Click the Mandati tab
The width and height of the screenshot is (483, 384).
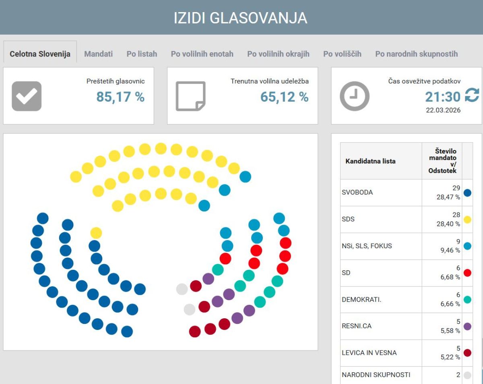pyautogui.click(x=98, y=54)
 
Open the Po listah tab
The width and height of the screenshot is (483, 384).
pyautogui.click(x=142, y=54)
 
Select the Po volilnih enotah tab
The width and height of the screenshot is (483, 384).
pyautogui.click(x=202, y=54)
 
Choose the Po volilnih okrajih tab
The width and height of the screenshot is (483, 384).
pyautogui.click(x=278, y=54)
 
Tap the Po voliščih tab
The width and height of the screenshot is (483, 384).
pyautogui.click(x=342, y=54)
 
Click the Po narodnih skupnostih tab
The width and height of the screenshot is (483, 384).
pyautogui.click(x=416, y=54)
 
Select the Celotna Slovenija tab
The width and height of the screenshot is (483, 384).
pyautogui.click(x=40, y=54)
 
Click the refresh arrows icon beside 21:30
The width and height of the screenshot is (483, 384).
pyautogui.click(x=472, y=96)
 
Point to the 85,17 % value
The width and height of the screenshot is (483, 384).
pyautogui.click(x=120, y=97)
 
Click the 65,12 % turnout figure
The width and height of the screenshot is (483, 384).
pyautogui.click(x=284, y=97)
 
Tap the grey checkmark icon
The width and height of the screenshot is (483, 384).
pyautogui.click(x=27, y=96)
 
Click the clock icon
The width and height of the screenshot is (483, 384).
pyautogui.click(x=355, y=96)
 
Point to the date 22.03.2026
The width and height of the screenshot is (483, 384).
pyautogui.click(x=443, y=110)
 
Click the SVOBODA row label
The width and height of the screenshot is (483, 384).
pyautogui.click(x=357, y=192)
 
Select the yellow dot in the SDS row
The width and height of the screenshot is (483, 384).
pyautogui.click(x=467, y=220)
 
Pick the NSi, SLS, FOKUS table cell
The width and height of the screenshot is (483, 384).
pyautogui.click(x=367, y=246)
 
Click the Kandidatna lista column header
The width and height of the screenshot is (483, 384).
pyautogui.click(x=370, y=161)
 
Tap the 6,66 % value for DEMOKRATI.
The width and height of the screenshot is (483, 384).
pyautogui.click(x=450, y=304)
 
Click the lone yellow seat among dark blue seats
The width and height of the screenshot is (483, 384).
pyautogui.click(x=96, y=233)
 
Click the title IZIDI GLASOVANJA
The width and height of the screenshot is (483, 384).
pyautogui.click(x=241, y=18)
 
